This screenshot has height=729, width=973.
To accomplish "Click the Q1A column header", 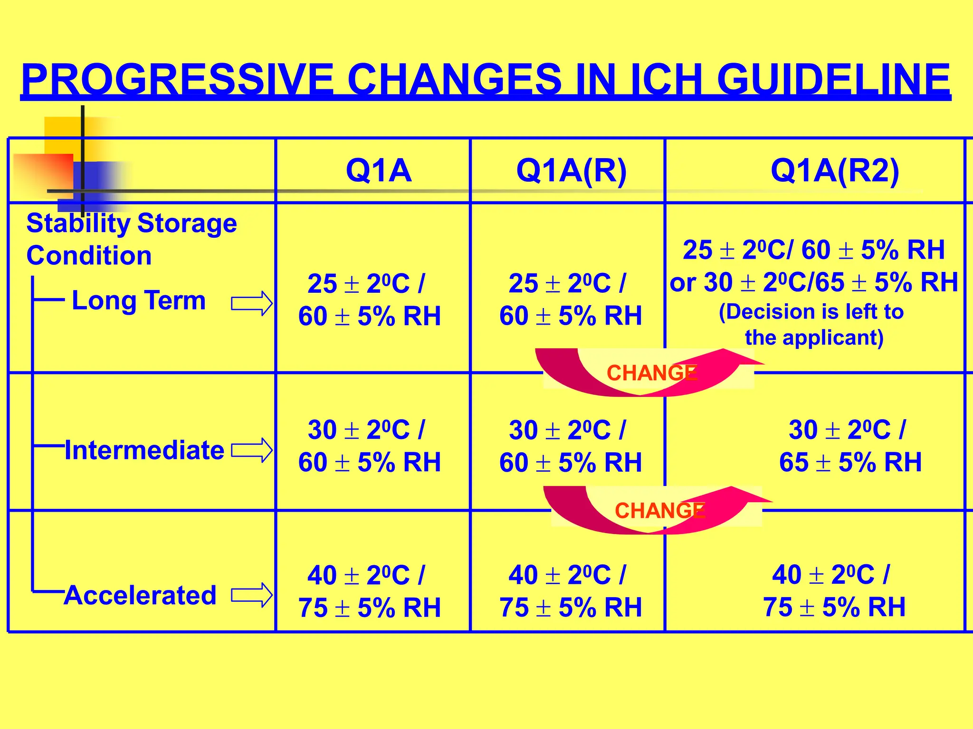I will tap(378, 170).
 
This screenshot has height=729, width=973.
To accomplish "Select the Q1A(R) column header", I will tap(571, 170).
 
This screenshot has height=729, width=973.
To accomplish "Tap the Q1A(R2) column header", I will tap(835, 170).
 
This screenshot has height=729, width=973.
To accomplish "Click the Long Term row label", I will tap(138, 300).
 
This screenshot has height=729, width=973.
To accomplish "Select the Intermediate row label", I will tap(144, 450).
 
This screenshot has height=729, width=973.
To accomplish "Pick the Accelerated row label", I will tap(141, 595).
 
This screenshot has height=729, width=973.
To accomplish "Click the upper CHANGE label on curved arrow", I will tap(651, 373).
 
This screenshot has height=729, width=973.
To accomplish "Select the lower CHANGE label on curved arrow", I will tap(659, 511).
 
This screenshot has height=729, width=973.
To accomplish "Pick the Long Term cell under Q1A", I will tap(370, 300).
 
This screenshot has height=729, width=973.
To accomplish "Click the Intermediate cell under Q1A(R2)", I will tap(849, 446).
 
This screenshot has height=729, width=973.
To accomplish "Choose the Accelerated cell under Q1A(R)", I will tap(570, 591).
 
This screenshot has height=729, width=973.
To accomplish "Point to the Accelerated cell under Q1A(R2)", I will tap(834, 591).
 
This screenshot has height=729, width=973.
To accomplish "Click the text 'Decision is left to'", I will tap(811, 312).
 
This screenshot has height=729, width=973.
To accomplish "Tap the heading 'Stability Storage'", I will tap(132, 223).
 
